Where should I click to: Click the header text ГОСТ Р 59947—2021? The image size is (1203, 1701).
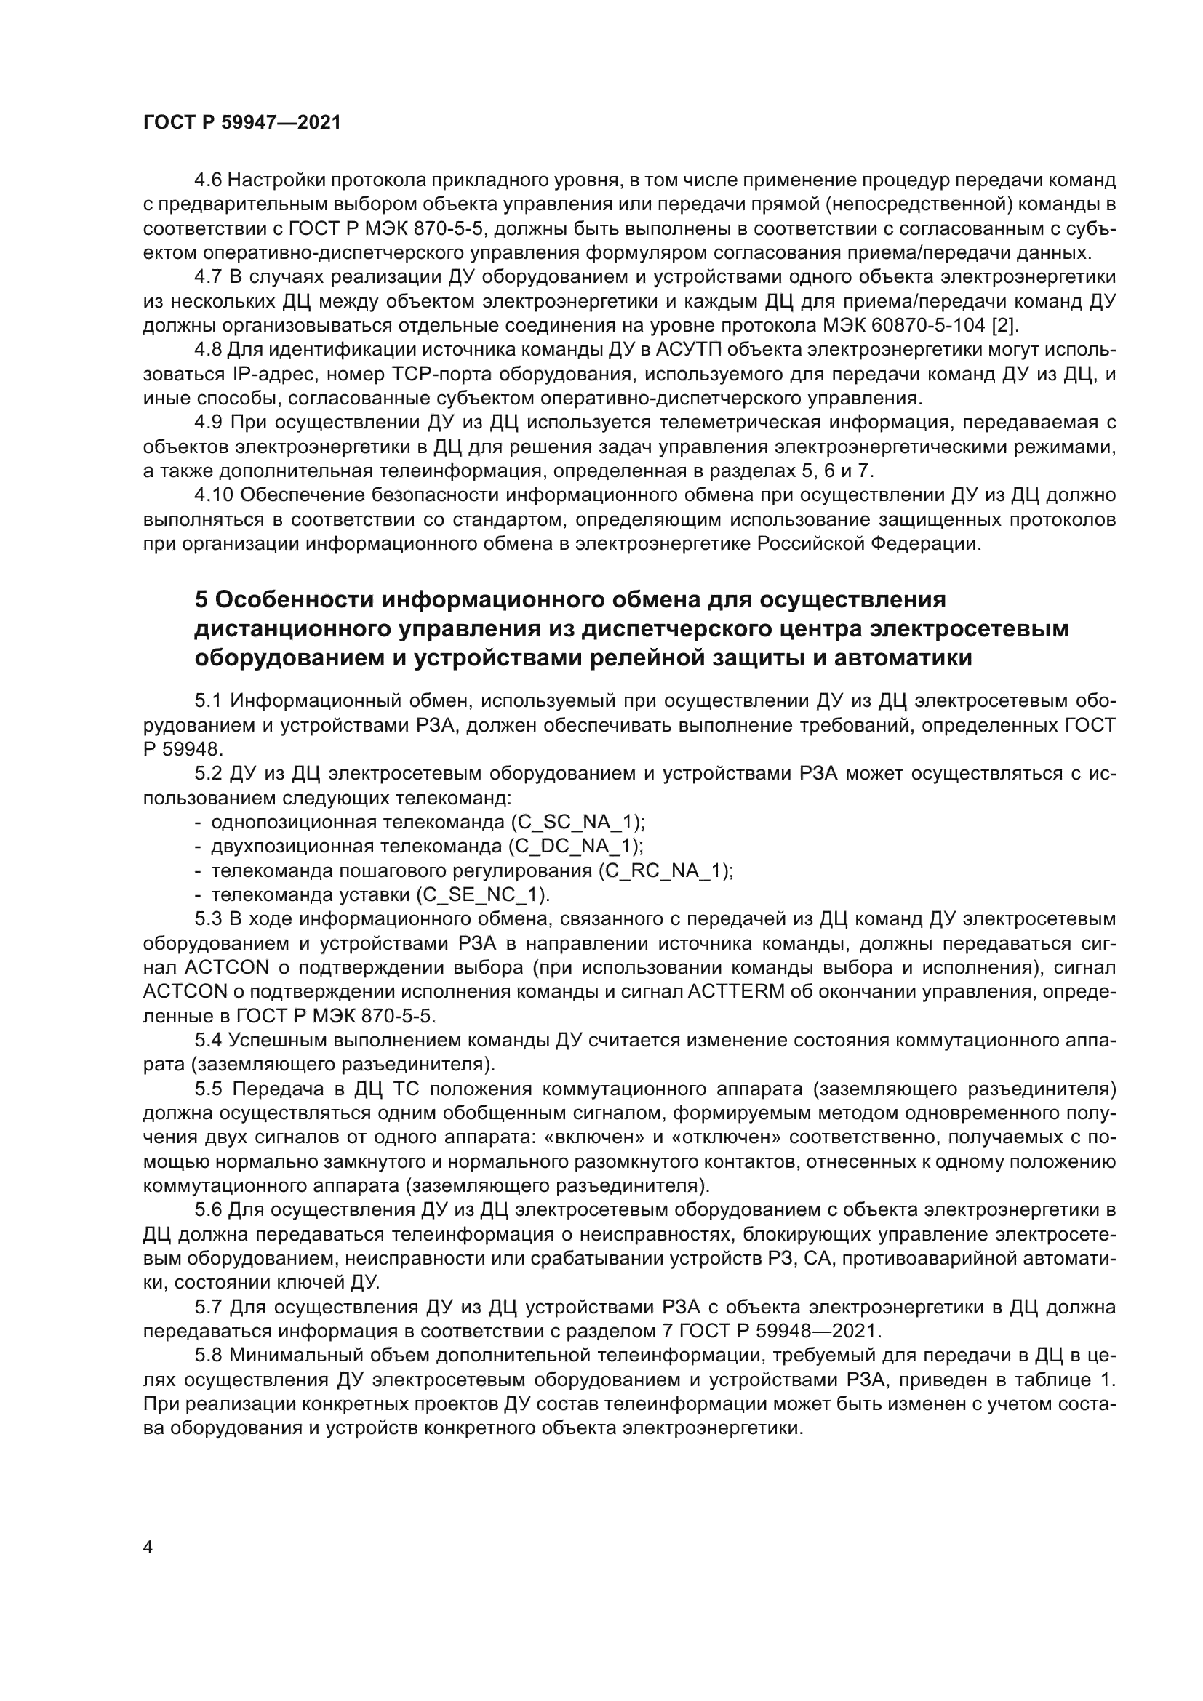(241, 123)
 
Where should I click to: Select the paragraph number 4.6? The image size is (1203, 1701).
(207, 180)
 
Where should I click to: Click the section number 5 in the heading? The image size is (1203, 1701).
(201, 599)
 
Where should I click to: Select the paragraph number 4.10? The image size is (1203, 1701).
(213, 495)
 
